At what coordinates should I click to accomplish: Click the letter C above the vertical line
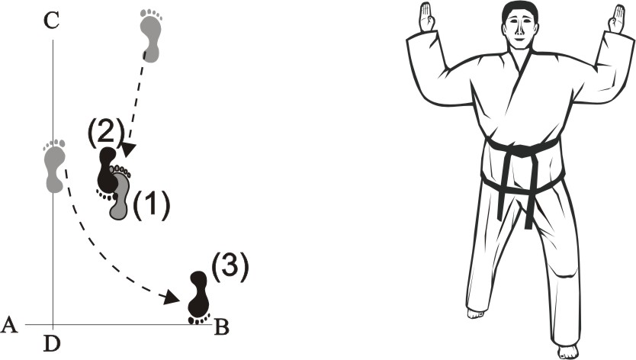point(52,21)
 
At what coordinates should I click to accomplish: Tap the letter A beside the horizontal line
point(10,325)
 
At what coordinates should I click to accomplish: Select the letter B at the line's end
point(221,327)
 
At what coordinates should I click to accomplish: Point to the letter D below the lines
point(52,344)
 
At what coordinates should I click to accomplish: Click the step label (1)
point(151,205)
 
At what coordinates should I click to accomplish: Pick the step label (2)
point(105,134)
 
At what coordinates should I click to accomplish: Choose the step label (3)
point(230,268)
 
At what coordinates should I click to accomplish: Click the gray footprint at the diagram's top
point(150,36)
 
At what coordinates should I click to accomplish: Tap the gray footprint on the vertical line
point(54,166)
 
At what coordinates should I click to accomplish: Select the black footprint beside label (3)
point(199,297)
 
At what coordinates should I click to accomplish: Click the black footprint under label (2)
point(107,172)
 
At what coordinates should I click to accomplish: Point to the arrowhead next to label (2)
point(129,149)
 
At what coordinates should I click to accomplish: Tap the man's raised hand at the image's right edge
point(616,18)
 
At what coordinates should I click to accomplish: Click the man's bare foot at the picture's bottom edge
point(567,352)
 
